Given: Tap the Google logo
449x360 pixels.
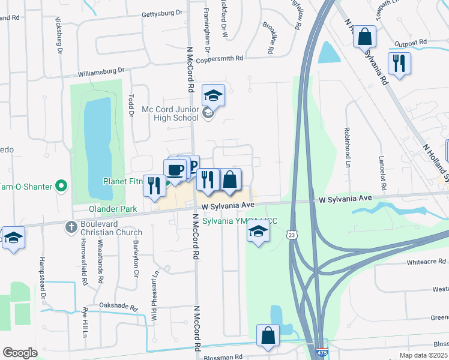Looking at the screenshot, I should pos(20,353).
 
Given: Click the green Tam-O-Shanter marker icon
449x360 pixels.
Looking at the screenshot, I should pos(61,187).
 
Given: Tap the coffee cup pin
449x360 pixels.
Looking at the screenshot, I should pos(175,170).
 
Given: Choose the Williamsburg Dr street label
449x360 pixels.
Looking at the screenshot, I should pos(101,73).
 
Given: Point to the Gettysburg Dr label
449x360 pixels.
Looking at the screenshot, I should pos(161,13).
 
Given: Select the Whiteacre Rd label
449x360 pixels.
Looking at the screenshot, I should pos(426,262).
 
